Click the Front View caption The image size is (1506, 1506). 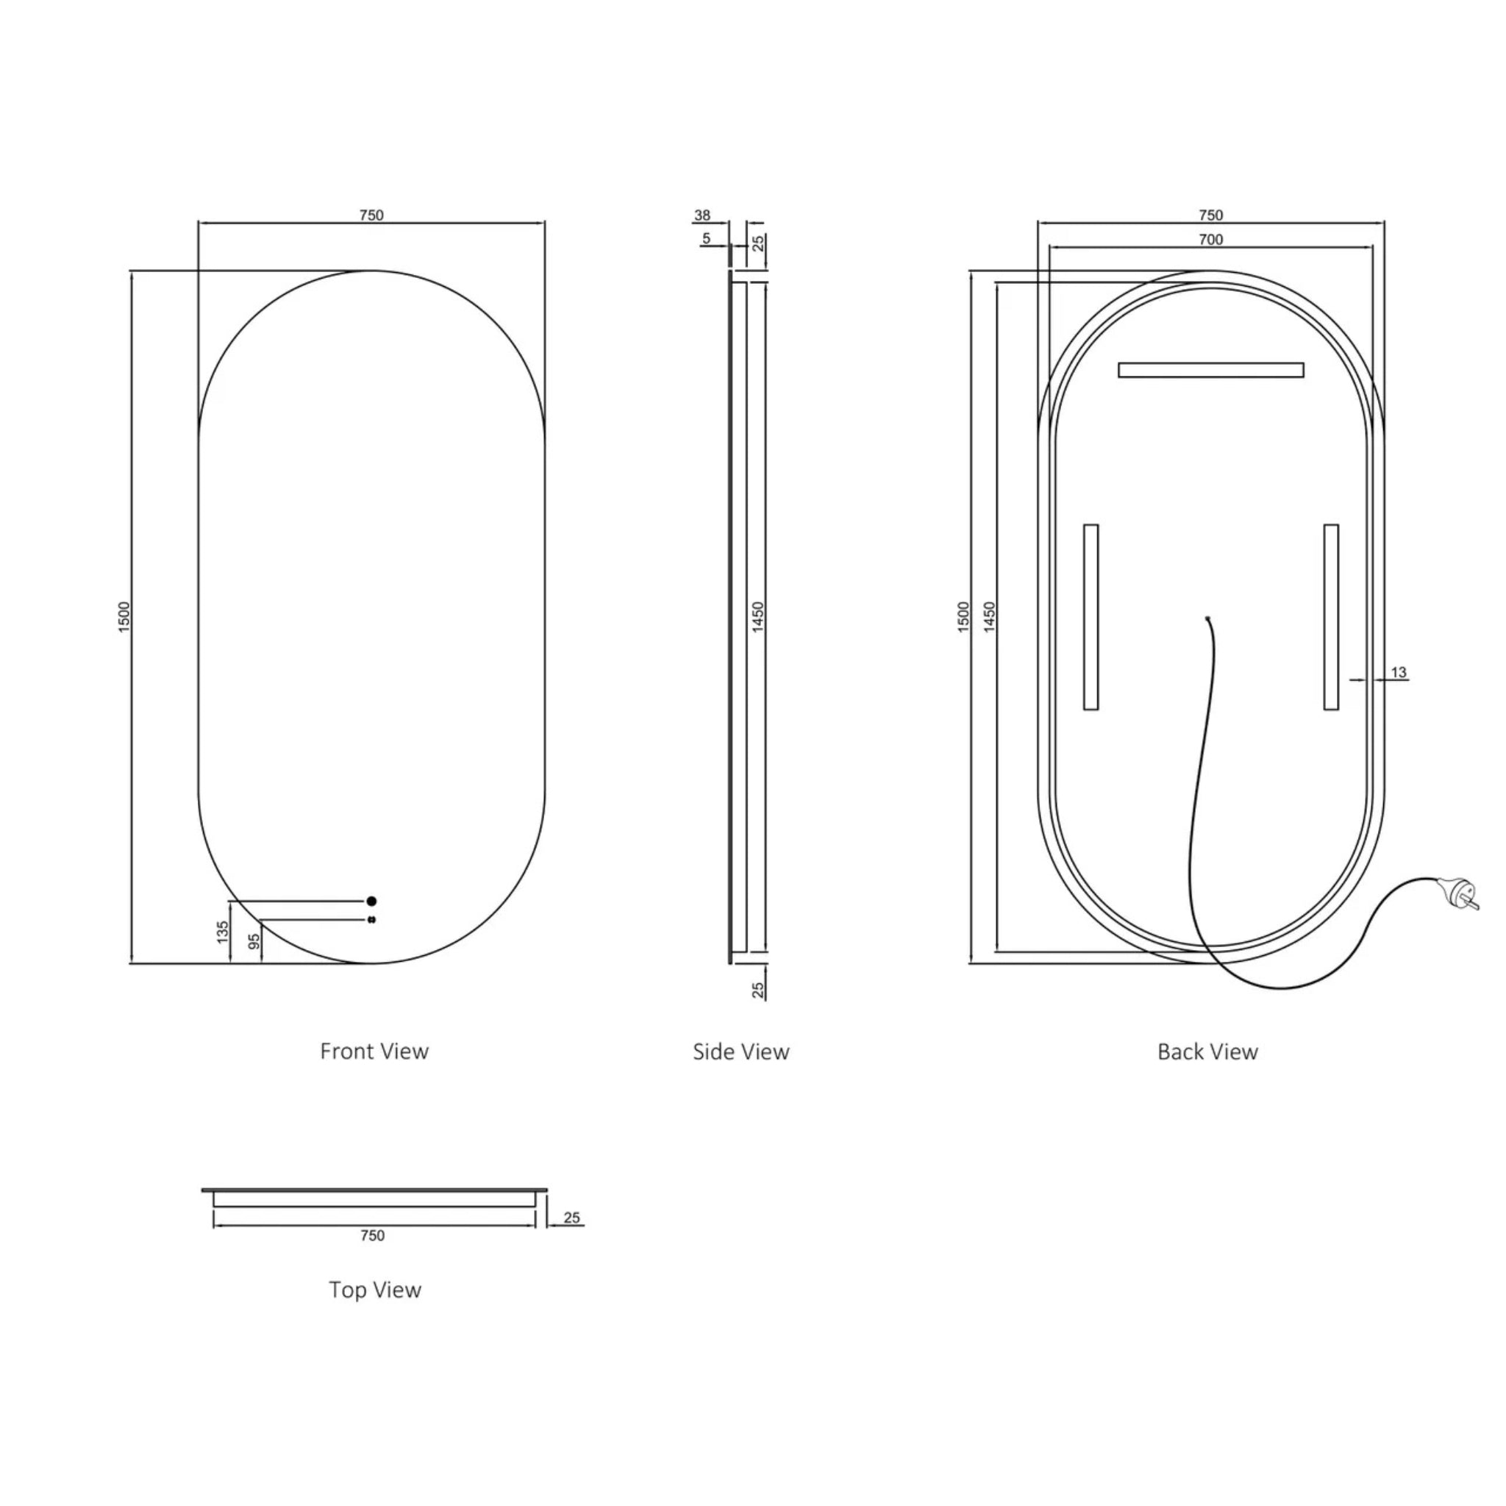click(374, 1052)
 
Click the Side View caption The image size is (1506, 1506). click(740, 1052)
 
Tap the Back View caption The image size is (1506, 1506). click(1207, 1052)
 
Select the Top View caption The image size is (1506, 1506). click(375, 1290)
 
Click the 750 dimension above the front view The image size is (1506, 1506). click(372, 215)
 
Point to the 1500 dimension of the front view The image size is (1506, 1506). click(126, 618)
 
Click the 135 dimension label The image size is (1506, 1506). click(223, 932)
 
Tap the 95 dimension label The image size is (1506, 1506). click(254, 942)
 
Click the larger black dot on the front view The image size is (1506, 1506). click(372, 901)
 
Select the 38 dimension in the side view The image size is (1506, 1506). click(702, 215)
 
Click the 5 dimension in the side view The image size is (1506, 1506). click(706, 238)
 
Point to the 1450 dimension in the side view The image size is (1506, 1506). click(758, 618)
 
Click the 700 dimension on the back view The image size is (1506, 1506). click(1210, 239)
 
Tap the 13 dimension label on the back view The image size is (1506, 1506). click(1399, 672)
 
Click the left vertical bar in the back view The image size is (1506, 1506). click(1091, 618)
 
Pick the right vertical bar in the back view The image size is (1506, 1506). click(1332, 618)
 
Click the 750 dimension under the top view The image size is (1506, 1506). click(373, 1235)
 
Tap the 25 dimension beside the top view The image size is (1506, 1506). click(571, 1218)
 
